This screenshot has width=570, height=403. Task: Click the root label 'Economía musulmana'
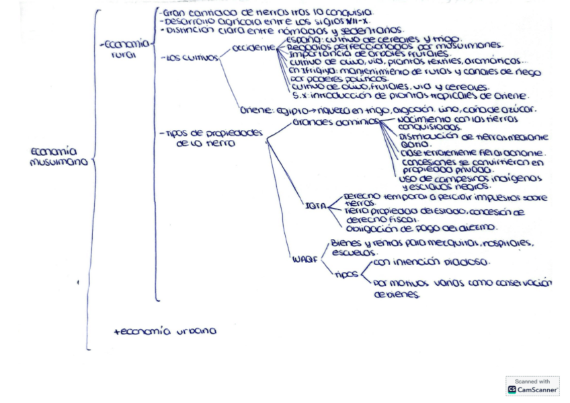pos(58,156)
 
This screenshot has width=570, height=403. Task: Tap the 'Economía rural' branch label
pos(125,49)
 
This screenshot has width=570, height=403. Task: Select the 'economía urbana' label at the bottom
pos(165,330)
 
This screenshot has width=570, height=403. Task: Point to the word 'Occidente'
pos(253,48)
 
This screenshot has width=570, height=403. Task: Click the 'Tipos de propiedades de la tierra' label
pos(213,137)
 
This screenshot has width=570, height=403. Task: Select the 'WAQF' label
pos(304,259)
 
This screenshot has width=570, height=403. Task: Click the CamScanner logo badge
pos(532,386)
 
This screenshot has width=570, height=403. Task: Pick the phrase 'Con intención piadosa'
pos(430,262)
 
